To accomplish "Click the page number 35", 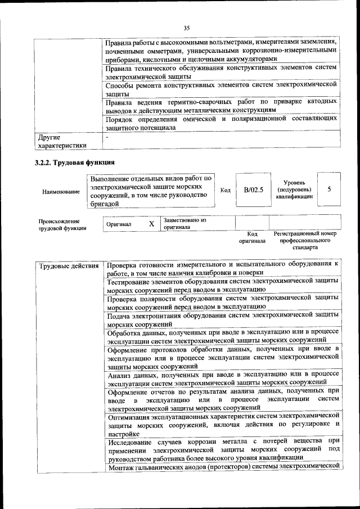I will pyautogui.click(x=186, y=28).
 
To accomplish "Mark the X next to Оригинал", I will pyautogui.click(x=151, y=224).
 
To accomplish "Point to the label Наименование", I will pyautogui.click(x=61, y=192).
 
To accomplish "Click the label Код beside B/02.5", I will pyautogui.click(x=225, y=190).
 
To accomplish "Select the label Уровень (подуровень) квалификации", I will pyautogui.click(x=294, y=190).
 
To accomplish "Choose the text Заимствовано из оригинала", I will pyautogui.click(x=186, y=224).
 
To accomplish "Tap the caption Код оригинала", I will pyautogui.click(x=253, y=237).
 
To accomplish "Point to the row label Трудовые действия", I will pyautogui.click(x=69, y=265).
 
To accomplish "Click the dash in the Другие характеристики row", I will pyautogui.click(x=107, y=137).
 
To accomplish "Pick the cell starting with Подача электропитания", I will pyautogui.click(x=223, y=320).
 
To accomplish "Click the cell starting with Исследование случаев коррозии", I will pyautogui.click(x=223, y=449).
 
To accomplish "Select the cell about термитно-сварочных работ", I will pyautogui.click(x=222, y=106).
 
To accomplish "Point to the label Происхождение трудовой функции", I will pyautogui.click(x=62, y=224).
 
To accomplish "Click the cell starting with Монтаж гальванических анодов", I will pyautogui.click(x=223, y=467).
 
